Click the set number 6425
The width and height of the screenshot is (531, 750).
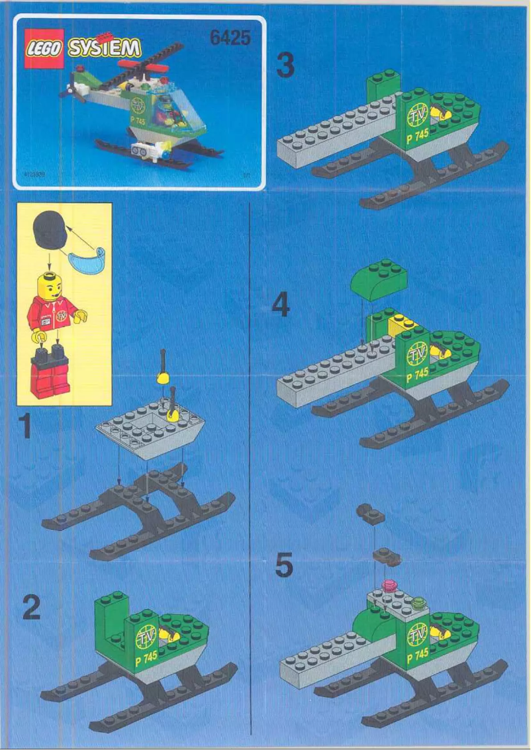pyautogui.click(x=230, y=38)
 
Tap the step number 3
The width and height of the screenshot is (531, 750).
pyautogui.click(x=285, y=66)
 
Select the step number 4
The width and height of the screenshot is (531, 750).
pyautogui.click(x=281, y=306)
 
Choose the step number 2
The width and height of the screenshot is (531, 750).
pyautogui.click(x=31, y=608)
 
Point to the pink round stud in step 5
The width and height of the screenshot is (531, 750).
pyautogui.click(x=390, y=585)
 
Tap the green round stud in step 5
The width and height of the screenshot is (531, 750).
pyautogui.click(x=418, y=602)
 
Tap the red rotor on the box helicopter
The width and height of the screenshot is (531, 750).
pyautogui.click(x=161, y=68)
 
